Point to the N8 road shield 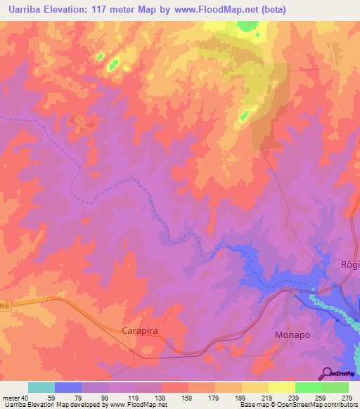[6, 304]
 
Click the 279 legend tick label [347, 397]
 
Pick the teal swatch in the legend [41, 387]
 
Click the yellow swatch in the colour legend [281, 387]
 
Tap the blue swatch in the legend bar [68, 387]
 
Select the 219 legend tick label [269, 397]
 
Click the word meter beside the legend [11, 397]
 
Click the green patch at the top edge [247, 25]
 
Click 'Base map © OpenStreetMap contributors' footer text [297, 405]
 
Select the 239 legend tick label [295, 397]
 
